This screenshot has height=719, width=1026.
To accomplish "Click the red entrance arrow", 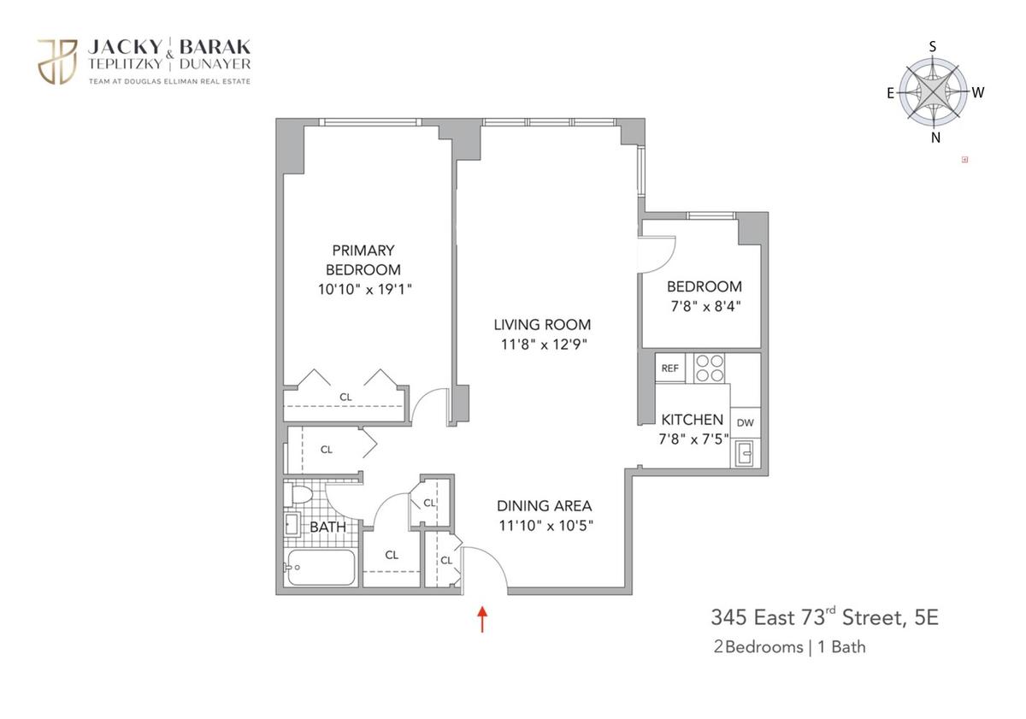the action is coord(482,619).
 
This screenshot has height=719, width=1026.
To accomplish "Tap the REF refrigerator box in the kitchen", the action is coord(670,368).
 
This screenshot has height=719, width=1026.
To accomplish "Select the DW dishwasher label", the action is coord(746,422).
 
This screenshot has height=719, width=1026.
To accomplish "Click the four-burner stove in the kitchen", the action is coord(709,368).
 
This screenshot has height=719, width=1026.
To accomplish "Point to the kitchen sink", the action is coord(745,453).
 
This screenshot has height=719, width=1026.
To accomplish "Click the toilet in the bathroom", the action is coord(298,495).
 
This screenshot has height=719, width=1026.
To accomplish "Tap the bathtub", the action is coord(320,568).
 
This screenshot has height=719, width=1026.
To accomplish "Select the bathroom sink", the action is coord(292,524).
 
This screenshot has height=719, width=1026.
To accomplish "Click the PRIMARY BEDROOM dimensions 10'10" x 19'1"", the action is coord(365,290).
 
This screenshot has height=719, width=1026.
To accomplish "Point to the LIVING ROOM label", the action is coord(542,325).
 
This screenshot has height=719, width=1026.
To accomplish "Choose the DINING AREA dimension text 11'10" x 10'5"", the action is coord(545,525).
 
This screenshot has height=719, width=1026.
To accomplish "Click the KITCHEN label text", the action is coord(692,420).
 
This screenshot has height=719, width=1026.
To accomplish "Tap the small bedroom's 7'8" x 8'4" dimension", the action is coord(706,306).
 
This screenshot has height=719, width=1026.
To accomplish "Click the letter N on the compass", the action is coord(935,138).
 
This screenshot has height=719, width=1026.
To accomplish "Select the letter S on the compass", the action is coord(933,47).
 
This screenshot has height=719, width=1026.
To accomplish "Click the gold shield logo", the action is coord(57,62).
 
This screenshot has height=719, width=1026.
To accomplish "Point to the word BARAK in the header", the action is coord(215,47).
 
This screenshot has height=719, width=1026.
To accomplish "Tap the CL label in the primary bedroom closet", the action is coord(345,397).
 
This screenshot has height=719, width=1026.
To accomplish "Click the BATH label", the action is coord(328,527).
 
